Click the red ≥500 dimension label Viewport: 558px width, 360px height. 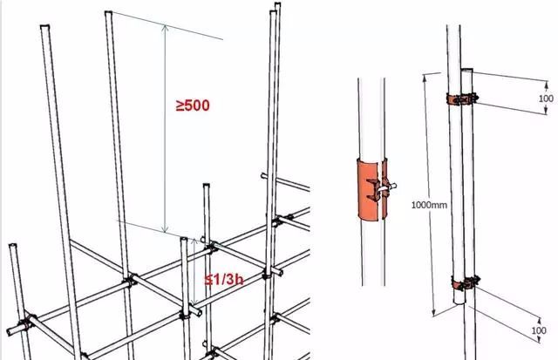(x=193, y=105)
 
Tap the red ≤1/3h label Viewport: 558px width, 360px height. (x=224, y=280)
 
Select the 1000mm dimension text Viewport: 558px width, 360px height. (x=429, y=205)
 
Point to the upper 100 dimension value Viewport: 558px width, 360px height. (x=546, y=98)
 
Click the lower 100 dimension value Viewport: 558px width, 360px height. (x=539, y=330)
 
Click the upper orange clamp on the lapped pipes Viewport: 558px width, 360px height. (x=462, y=98)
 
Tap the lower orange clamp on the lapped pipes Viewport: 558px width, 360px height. (x=466, y=284)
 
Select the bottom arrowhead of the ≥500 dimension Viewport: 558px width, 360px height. (x=165, y=230)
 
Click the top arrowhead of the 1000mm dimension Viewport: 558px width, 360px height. (x=425, y=76)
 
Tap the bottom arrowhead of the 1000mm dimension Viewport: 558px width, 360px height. (x=434, y=314)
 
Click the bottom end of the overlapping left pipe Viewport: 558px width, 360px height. (x=459, y=302)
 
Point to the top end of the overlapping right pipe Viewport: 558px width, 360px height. (x=467, y=70)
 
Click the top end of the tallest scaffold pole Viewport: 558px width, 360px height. (x=277, y=3)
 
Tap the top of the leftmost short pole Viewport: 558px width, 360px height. (x=12, y=246)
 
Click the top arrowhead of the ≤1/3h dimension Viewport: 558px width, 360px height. (x=194, y=241)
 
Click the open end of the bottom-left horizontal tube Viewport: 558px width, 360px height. (x=10, y=331)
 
